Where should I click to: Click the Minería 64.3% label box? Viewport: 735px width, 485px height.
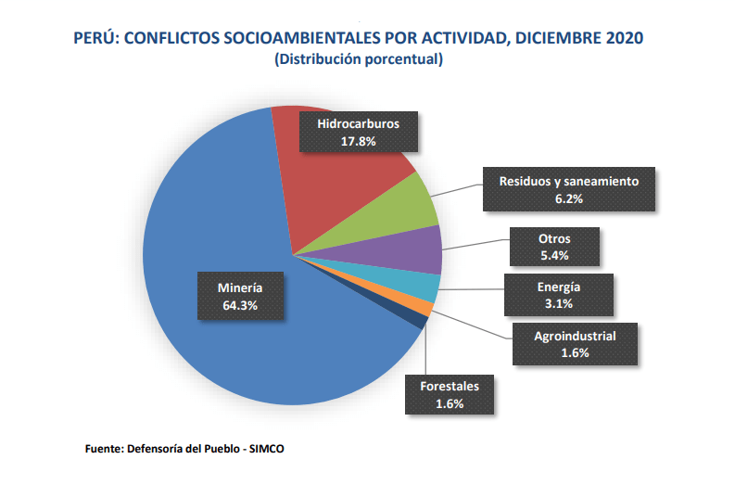coord(240,295)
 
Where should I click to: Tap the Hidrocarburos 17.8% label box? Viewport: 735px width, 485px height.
coord(357,131)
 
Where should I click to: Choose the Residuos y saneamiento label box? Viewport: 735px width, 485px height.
coord(569,190)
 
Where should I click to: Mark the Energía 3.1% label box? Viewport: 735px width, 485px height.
coord(559,294)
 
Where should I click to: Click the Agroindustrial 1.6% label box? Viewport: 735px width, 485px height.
coord(575,344)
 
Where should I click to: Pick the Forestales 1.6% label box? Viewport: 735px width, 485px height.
coord(450,394)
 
